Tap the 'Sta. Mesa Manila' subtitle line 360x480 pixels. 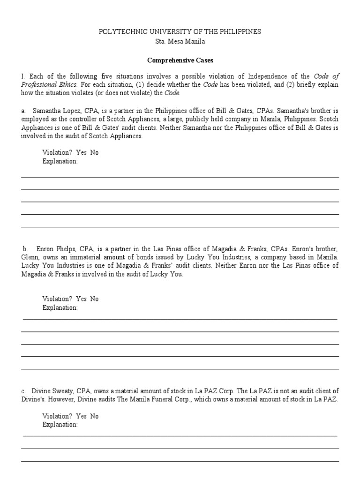coord(180,41)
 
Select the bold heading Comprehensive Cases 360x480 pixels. coord(180,60)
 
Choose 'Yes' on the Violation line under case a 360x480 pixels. coord(82,153)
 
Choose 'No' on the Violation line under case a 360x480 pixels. coord(94,153)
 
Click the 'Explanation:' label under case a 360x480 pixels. coord(60,161)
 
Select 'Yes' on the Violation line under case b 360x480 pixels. coord(82,299)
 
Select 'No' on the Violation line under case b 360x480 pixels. coord(94,299)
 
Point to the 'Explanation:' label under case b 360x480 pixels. coord(60,307)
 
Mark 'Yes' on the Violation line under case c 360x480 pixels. coord(82,416)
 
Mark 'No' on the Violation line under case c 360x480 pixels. coord(94,416)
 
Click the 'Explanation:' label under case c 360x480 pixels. coord(60,425)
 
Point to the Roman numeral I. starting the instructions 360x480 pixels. coord(22,76)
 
